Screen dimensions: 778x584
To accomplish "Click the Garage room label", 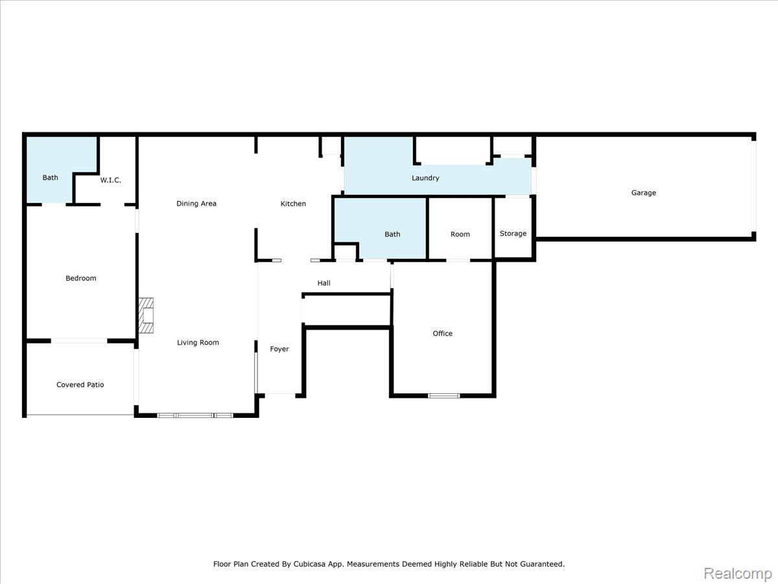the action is click(643, 193).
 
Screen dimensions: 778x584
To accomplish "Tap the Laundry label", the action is click(425, 178).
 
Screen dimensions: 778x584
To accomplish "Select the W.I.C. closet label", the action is click(111, 180).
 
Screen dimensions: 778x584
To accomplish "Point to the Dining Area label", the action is click(196, 204).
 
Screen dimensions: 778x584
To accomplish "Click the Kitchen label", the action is click(293, 204).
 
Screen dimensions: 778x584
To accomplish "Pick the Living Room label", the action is click(198, 343).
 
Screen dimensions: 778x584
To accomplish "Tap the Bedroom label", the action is click(81, 278).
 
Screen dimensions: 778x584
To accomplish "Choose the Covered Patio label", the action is click(80, 385).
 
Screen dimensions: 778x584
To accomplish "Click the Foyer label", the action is click(279, 349).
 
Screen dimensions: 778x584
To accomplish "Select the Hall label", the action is click(324, 283).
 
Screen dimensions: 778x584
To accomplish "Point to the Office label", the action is click(442, 334).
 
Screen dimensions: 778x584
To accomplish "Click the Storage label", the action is click(513, 234).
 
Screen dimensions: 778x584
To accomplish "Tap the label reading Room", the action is click(460, 234).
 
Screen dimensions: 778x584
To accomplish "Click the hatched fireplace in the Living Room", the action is click(146, 315).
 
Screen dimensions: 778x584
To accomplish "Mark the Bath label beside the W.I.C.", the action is click(50, 178).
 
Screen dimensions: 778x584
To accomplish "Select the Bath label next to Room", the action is click(392, 234).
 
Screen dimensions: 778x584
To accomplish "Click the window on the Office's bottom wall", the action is click(443, 396).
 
